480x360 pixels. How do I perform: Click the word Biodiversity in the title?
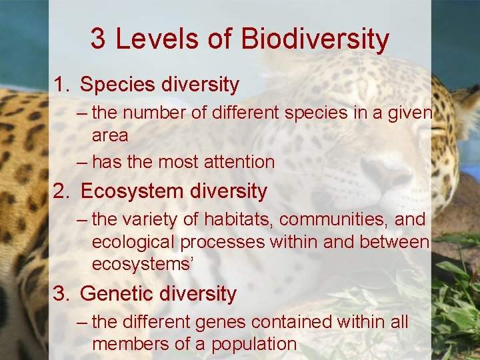click(x=315, y=39)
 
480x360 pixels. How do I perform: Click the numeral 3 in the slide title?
click(x=98, y=39)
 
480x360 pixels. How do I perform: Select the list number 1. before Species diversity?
click(x=63, y=85)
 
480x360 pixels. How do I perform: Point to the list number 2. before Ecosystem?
click(x=63, y=192)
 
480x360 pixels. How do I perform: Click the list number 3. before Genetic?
click(x=63, y=294)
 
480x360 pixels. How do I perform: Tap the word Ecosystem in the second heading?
click(x=133, y=192)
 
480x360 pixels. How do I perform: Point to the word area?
click(x=109, y=136)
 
